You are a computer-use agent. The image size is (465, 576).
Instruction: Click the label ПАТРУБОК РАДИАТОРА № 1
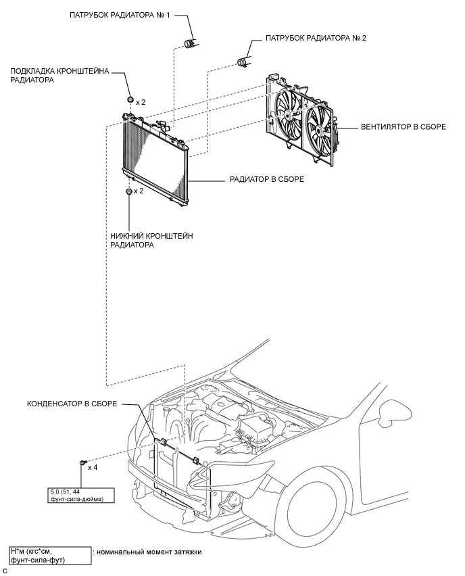coord(120,16)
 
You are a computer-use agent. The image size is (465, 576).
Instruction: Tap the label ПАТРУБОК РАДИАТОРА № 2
coord(316,39)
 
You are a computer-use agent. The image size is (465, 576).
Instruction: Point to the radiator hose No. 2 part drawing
coord(242,62)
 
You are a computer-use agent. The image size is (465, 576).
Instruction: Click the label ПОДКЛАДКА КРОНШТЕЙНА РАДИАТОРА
coord(59,75)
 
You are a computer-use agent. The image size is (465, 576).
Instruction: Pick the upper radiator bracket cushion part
coord(130,99)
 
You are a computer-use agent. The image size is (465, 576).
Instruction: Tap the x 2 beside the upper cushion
coord(141,102)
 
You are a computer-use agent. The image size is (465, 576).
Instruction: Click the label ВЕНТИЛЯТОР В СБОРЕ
coord(403,127)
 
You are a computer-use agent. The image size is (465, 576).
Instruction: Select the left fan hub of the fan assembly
coord(288,115)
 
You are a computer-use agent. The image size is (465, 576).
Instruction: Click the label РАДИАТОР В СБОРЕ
coord(267,180)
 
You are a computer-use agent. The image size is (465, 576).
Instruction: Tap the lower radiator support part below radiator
coord(128,192)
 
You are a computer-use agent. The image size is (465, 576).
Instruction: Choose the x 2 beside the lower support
coord(139,191)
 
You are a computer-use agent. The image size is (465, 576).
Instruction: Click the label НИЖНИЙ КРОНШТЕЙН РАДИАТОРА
coord(151,240)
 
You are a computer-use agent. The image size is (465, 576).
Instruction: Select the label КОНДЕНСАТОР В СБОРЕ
coord(72,404)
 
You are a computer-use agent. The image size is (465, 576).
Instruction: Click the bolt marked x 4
coord(82,462)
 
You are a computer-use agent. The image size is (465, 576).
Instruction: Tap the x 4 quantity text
coord(93,468)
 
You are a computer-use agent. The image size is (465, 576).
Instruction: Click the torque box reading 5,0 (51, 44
coord(81,495)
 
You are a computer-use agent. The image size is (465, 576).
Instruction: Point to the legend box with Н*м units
coord(50,556)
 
